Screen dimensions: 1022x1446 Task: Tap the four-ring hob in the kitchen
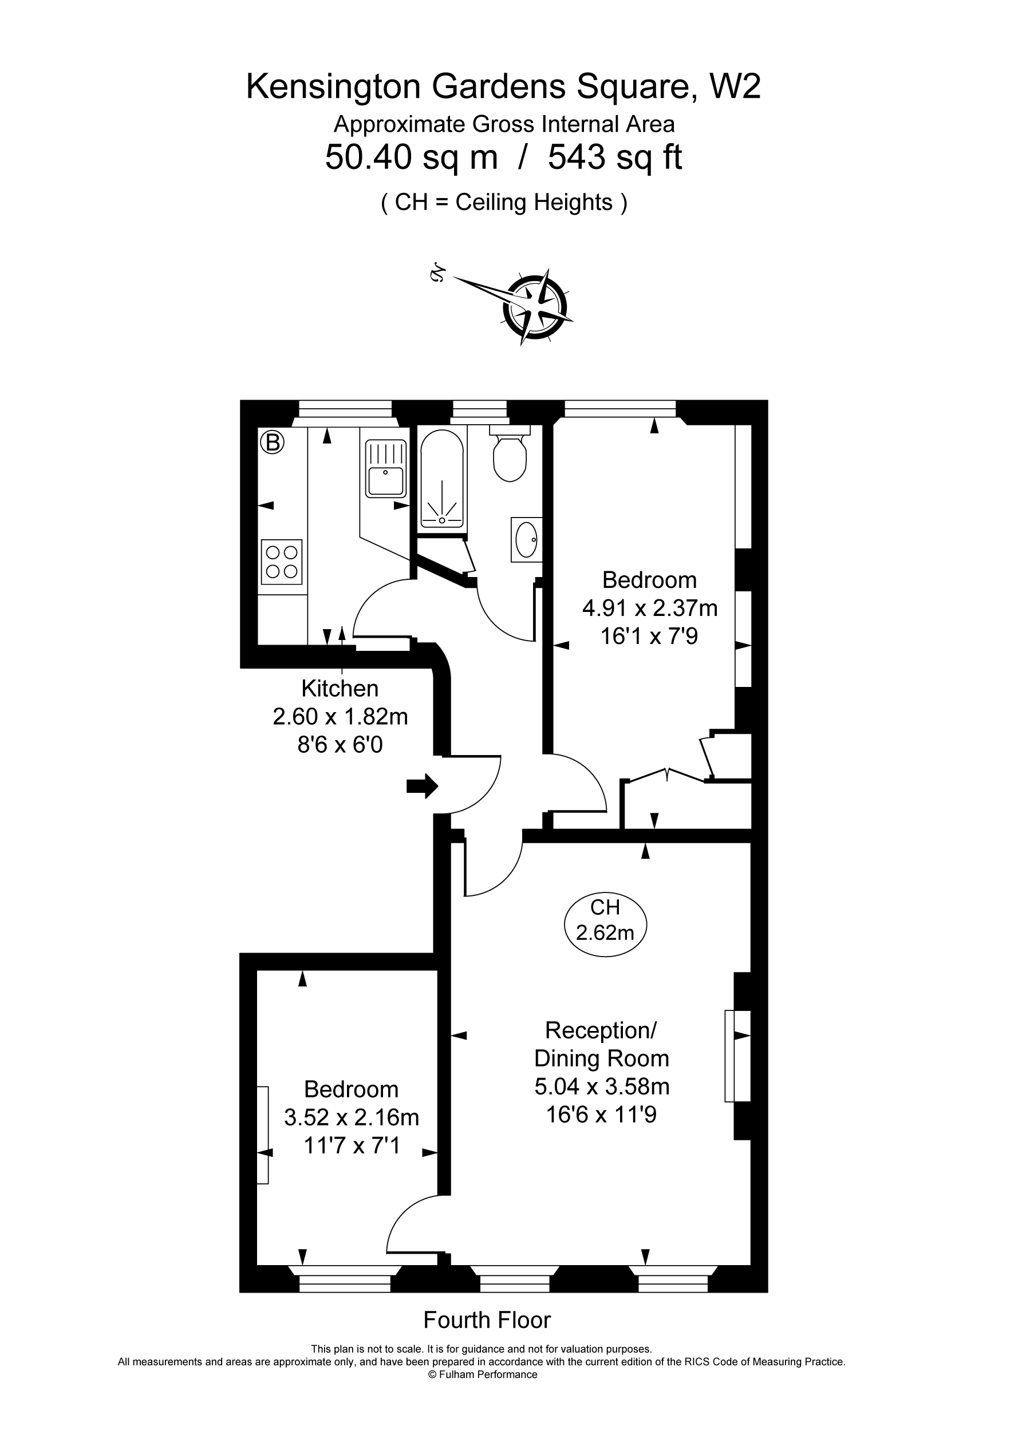point(282,562)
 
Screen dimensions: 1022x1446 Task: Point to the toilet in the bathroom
point(510,453)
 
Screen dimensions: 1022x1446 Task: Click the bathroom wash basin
point(526,540)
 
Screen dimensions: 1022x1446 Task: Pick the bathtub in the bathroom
point(443,479)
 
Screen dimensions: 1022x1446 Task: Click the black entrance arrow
point(422,785)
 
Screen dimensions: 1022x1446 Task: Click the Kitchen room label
point(340,688)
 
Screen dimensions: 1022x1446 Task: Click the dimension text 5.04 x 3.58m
point(602,1087)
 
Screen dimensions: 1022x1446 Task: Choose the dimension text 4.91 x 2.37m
point(650,608)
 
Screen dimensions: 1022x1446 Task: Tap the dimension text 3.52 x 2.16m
point(352,1117)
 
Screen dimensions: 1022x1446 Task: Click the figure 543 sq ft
point(614,157)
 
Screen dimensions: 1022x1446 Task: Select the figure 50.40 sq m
point(412,157)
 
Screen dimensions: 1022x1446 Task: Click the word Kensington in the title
point(333,86)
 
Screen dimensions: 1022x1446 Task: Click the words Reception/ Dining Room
point(602,1044)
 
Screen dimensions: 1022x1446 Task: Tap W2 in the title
point(735,86)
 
